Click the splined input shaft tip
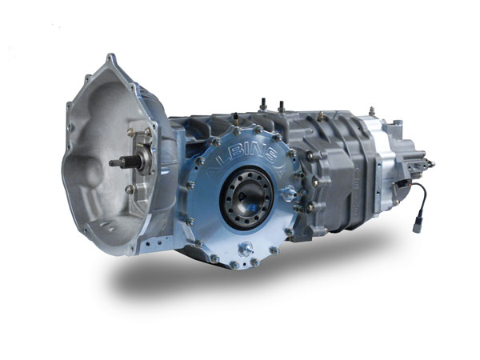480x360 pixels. point(114,163)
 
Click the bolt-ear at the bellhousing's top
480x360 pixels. point(110,59)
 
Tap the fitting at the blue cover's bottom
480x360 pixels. point(246,248)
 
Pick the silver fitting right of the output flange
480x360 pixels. point(289,194)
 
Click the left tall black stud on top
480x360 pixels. point(262,104)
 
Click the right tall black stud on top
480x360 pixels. point(281,106)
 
